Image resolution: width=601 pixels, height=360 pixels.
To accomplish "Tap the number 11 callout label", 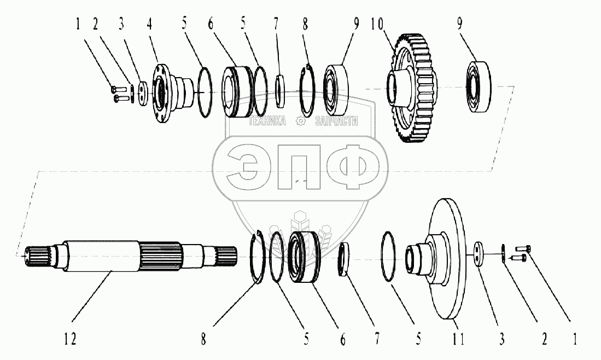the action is pos(458,339).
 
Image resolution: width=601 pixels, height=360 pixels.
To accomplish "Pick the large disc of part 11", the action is pos(446,257).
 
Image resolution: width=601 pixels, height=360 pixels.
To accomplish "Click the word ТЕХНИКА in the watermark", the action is pos(268,121).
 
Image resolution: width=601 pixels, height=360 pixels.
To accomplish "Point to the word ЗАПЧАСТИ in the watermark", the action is pos(336,121).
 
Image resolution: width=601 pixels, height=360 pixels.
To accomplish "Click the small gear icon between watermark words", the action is pos(300,121).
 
